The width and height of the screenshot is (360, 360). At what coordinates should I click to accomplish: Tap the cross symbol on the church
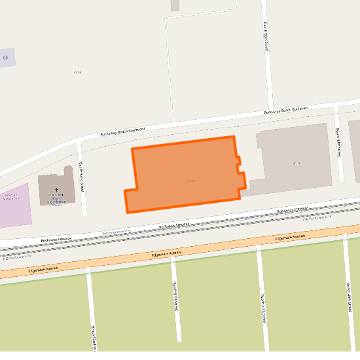click(x=56, y=189)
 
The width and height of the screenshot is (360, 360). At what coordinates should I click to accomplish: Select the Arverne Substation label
click(x=10, y=197)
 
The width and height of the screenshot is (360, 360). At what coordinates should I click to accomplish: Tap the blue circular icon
click(x=6, y=58)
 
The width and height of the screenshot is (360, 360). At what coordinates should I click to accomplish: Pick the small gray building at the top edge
click(x=175, y=5)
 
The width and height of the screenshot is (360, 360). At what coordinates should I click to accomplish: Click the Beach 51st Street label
click(x=175, y=297)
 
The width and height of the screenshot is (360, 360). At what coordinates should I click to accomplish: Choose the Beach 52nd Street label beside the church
click(x=82, y=175)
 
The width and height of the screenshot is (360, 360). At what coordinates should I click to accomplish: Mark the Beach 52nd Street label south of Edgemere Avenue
click(x=94, y=337)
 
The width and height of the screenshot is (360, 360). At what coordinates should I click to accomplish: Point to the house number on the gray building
click(x=297, y=163)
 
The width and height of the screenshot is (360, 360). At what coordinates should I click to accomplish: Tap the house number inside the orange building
click(x=190, y=180)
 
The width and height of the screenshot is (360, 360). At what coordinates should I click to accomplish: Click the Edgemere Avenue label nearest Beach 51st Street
click(x=166, y=253)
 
